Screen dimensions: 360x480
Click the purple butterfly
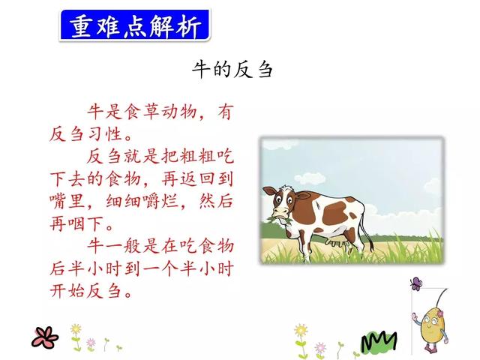pyautogui.click(x=415, y=284)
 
